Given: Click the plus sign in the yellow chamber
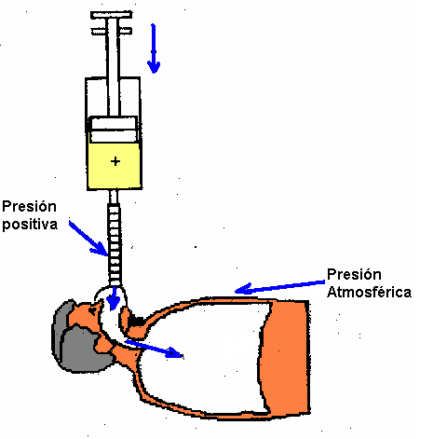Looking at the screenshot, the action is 115,161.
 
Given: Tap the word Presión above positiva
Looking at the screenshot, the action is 29,207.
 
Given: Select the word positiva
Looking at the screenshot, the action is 30,225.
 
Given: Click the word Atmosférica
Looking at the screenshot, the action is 370,292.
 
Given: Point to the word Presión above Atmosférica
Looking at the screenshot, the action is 354,274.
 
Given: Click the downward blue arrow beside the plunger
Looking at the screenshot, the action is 154,48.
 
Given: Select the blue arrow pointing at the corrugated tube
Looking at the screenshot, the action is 88,239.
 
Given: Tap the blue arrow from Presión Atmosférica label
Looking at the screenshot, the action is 279,287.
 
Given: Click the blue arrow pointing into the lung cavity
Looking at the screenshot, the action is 155,349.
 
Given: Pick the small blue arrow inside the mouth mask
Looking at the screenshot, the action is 114,298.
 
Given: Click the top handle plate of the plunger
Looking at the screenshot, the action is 112,15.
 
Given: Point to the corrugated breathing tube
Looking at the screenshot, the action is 115,244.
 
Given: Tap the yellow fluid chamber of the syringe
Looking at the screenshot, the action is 115,166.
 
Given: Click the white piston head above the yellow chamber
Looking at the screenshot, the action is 114,130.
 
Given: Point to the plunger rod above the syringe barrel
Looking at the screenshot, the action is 113,67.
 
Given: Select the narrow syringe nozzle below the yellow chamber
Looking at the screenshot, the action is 114,197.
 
